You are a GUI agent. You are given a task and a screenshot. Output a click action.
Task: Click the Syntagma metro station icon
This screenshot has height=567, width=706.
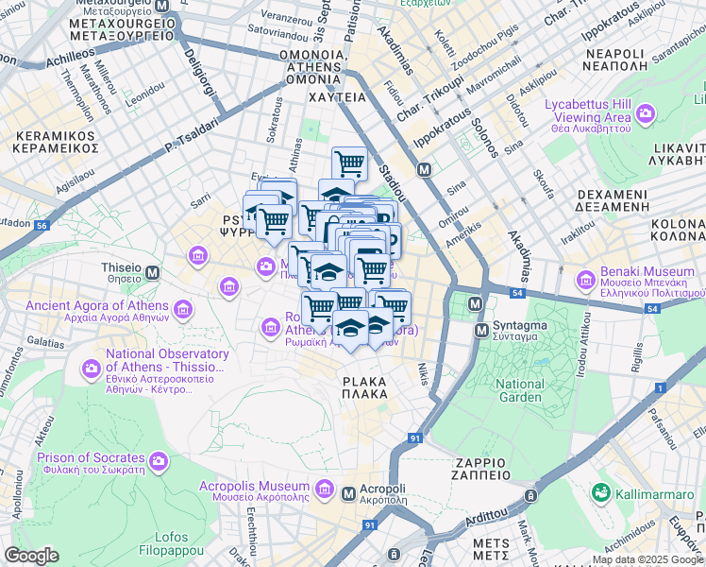tap(478, 305)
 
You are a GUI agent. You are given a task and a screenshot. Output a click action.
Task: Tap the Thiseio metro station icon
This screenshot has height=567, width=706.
tap(152, 271)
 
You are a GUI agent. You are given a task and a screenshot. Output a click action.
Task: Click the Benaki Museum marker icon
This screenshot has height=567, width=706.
tap(585, 280)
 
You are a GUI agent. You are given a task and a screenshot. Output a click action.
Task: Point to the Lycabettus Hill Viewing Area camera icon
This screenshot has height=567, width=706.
tap(646, 114)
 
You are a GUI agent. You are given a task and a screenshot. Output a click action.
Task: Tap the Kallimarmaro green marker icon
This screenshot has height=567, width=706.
tap(599, 493)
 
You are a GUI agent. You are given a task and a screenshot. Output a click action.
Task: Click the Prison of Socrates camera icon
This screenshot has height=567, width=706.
tap(158, 461)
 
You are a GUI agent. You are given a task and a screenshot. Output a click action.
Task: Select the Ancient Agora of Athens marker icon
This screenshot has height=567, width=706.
tap(182, 308)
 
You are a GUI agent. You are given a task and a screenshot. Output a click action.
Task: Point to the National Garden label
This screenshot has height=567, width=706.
tap(520, 390)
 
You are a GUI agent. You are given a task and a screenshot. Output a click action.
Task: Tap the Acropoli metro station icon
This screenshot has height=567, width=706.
tap(348, 493)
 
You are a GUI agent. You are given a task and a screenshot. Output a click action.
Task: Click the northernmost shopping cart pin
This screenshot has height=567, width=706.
tap(349, 163)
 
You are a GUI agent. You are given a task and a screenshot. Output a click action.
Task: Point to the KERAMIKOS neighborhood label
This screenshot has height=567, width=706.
tap(57, 142)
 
